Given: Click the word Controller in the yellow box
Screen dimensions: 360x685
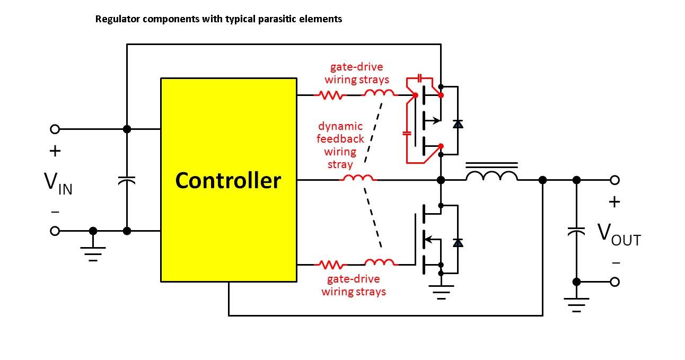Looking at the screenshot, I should click(228, 181).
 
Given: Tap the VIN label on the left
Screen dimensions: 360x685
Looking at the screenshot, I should click(58, 182).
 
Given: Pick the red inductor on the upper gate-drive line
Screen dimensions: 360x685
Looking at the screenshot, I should click(379, 94).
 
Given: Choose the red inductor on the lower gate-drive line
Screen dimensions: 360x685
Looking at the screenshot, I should click(379, 262).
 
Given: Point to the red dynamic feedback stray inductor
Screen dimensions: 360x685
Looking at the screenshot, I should click(358, 178).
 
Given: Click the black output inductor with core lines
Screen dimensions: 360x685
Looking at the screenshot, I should click(491, 175).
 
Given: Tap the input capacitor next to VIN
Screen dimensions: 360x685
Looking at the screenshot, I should click(127, 181).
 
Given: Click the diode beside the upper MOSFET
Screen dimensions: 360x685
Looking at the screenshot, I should click(458, 124).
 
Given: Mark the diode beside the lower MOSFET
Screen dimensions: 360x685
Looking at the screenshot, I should click(458, 242).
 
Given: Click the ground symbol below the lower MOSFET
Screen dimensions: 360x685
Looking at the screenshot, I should click(441, 292).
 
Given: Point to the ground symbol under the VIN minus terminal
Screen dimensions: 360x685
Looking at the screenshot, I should click(93, 253).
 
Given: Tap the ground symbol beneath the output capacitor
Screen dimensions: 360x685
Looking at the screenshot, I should click(576, 304).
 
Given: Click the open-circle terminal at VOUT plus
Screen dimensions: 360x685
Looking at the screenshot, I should click(614, 180).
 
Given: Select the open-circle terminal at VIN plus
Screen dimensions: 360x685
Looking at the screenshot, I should click(54, 129).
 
